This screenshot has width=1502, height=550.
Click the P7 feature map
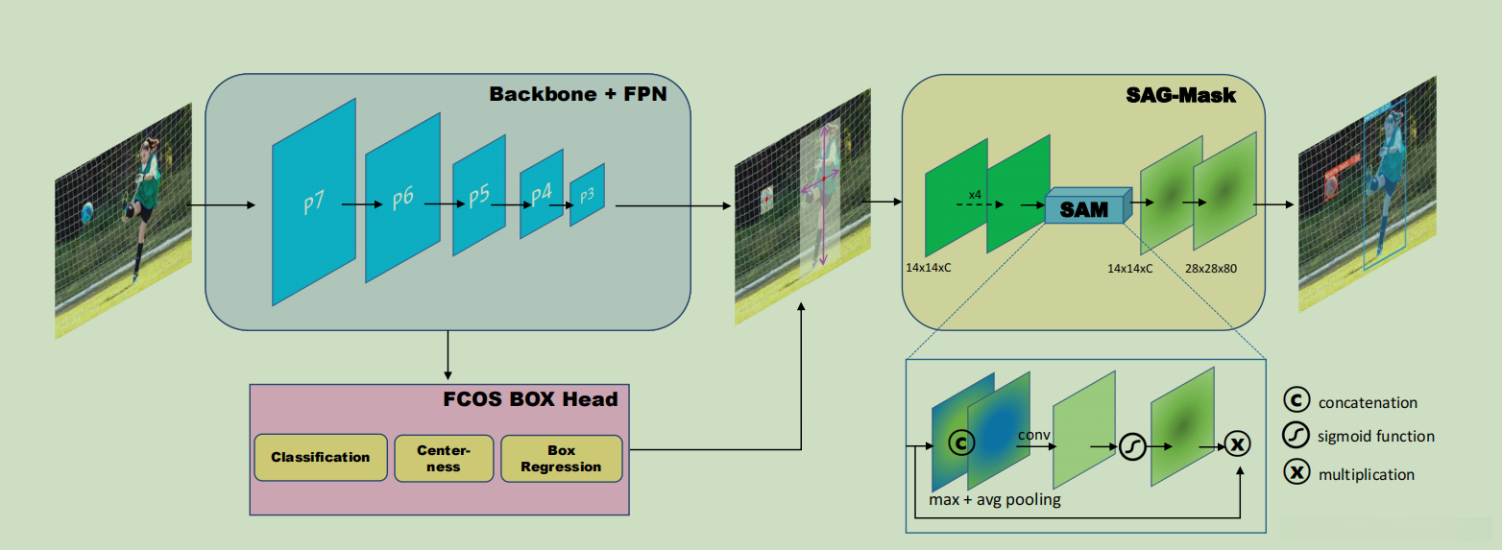click(x=314, y=203)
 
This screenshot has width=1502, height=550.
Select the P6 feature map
click(x=402, y=199)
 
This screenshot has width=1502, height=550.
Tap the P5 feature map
click(x=478, y=195)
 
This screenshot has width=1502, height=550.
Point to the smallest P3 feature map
click(x=587, y=194)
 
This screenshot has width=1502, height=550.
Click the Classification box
click(x=320, y=458)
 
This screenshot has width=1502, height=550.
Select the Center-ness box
click(x=443, y=458)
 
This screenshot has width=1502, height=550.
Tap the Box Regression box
click(x=562, y=458)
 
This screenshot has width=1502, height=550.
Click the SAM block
click(x=1084, y=208)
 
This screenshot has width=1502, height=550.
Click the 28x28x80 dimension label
click(x=1211, y=269)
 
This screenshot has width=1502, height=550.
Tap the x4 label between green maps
click(x=975, y=195)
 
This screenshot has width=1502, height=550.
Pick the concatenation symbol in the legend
click(x=1296, y=401)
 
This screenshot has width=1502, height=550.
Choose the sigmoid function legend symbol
click(x=1296, y=436)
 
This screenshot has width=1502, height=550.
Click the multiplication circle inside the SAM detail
click(x=1238, y=444)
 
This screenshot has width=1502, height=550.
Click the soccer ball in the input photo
click(x=87, y=211)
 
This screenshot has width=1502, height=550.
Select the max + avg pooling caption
click(x=995, y=499)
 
